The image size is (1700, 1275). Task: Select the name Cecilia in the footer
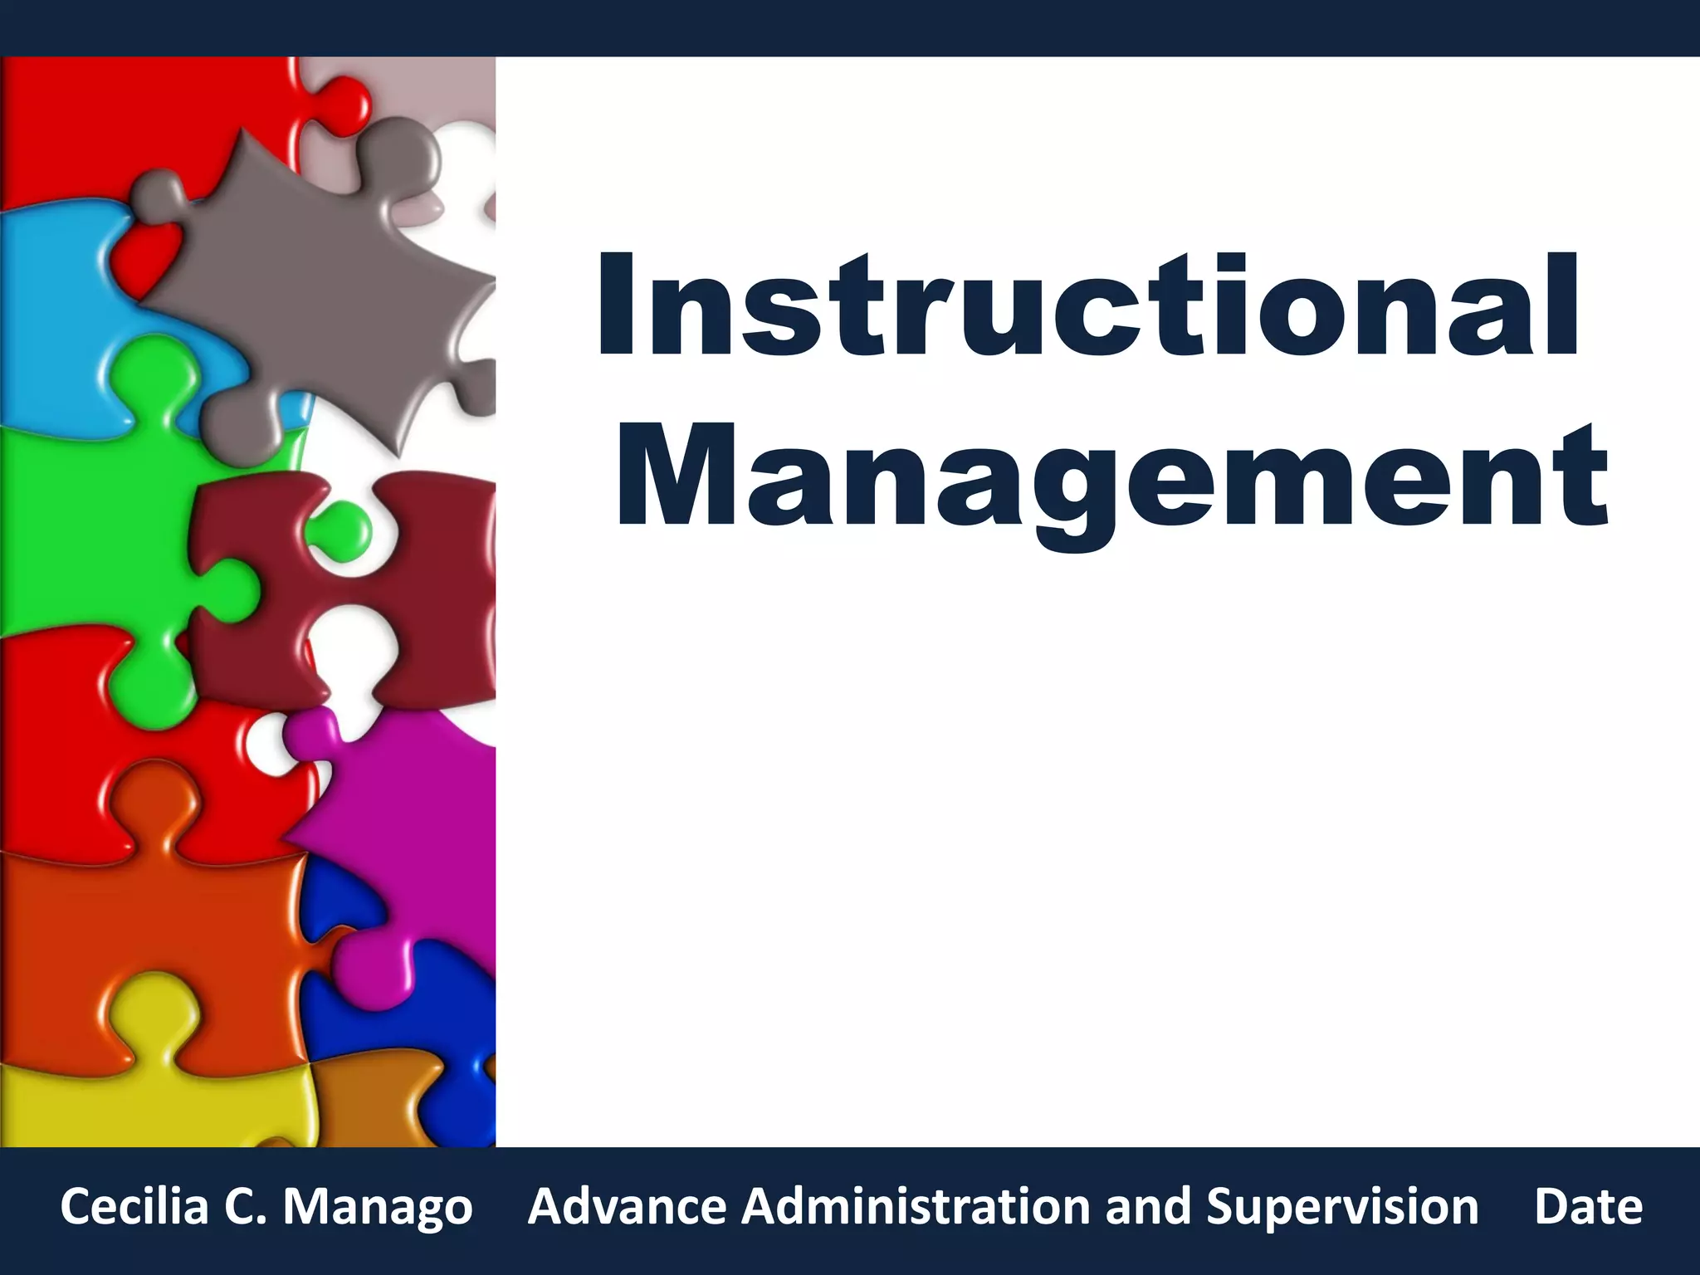pyautogui.click(x=134, y=1206)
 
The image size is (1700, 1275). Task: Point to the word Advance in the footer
pyautogui.click(x=627, y=1206)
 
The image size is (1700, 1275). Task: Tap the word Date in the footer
pyautogui.click(x=1588, y=1206)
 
